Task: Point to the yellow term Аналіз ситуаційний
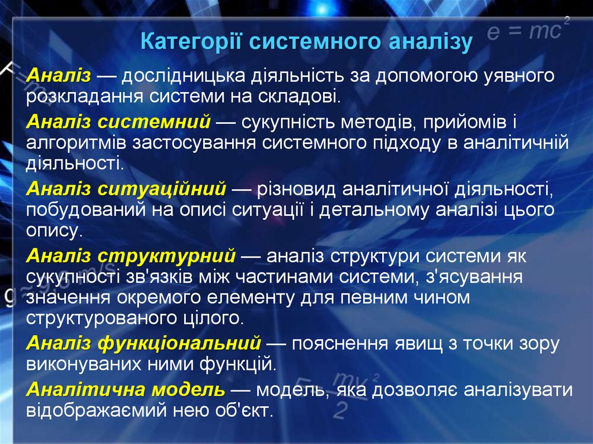tap(126, 189)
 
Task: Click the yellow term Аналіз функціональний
tap(144, 344)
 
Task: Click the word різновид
tap(295, 189)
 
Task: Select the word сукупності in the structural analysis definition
tap(72, 277)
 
